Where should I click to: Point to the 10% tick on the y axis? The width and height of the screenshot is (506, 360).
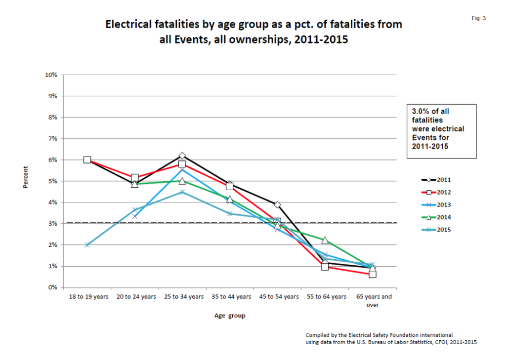tap(51, 75)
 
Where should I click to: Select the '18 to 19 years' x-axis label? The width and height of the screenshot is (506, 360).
tap(87, 297)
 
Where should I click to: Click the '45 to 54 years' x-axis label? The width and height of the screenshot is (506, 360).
tap(278, 297)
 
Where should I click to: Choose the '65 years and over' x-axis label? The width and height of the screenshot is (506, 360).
tap(373, 301)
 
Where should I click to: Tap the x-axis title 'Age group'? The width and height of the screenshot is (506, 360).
tap(229, 316)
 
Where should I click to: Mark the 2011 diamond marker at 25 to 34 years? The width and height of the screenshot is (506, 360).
tap(182, 156)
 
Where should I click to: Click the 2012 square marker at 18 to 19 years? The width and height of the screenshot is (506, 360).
tap(87, 160)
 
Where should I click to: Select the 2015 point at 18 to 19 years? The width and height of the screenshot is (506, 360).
tap(87, 245)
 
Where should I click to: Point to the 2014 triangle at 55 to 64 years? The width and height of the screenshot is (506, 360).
tap(325, 240)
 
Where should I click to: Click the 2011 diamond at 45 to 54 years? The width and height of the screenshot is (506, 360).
tap(278, 204)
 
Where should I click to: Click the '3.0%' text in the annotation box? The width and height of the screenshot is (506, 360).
tap(421, 112)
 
